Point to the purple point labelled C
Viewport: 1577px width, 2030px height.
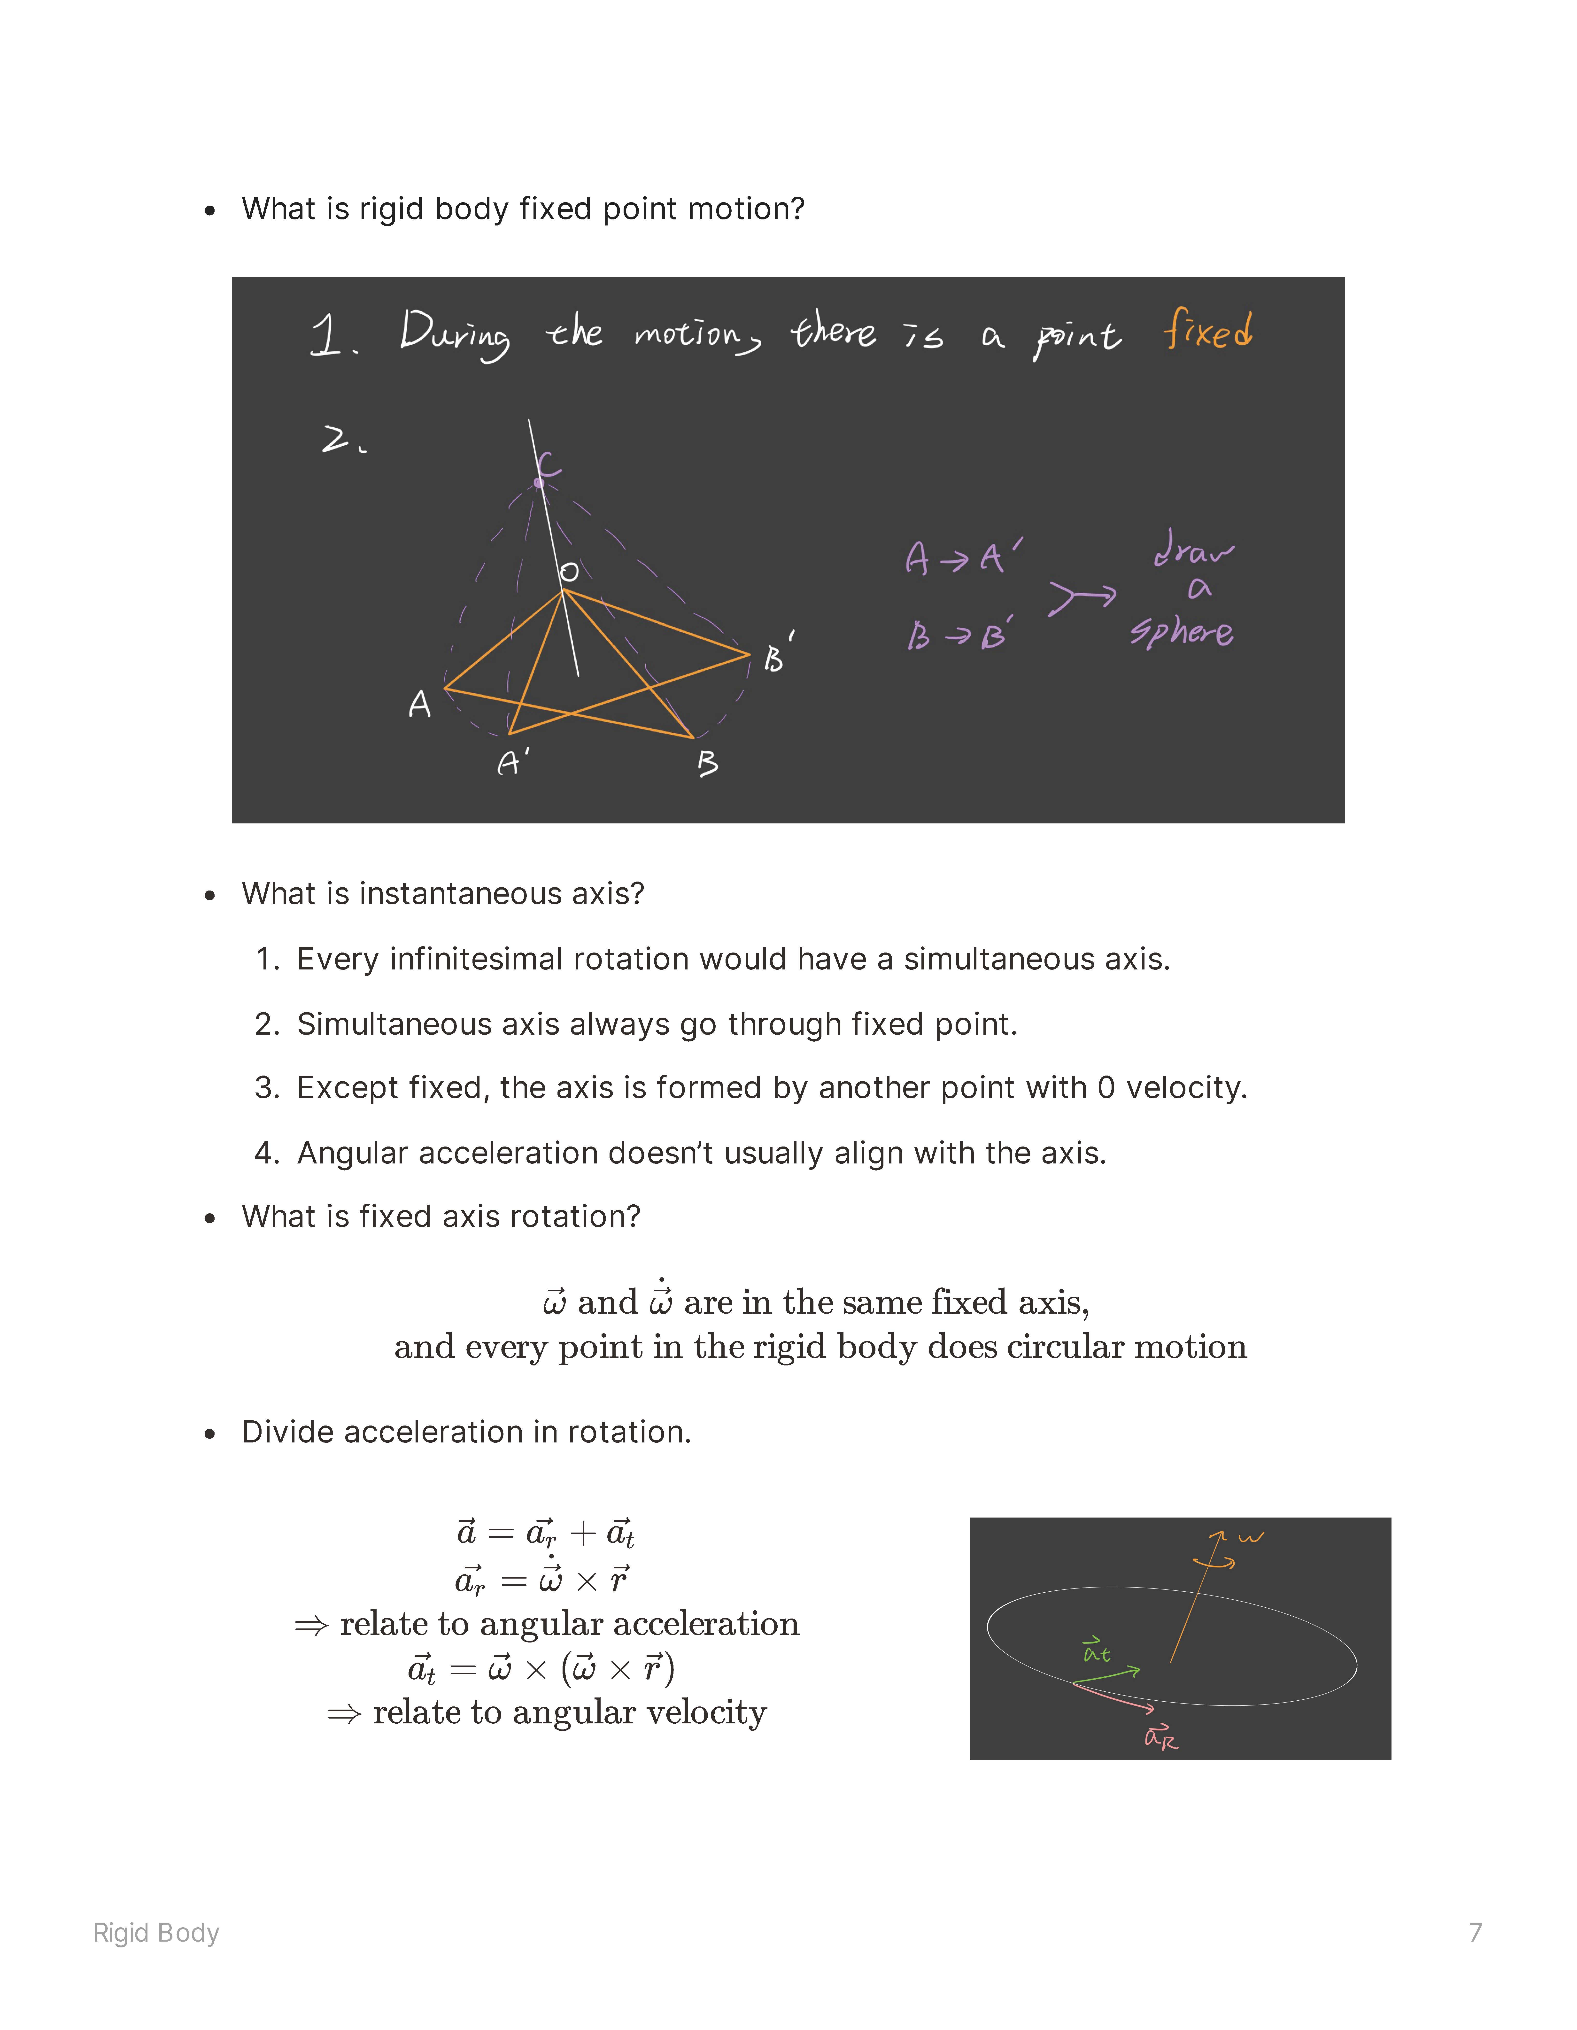pyautogui.click(x=539, y=482)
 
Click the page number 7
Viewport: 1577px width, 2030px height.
pyautogui.click(x=1475, y=1932)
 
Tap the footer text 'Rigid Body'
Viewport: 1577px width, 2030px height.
pyautogui.click(x=156, y=1932)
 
